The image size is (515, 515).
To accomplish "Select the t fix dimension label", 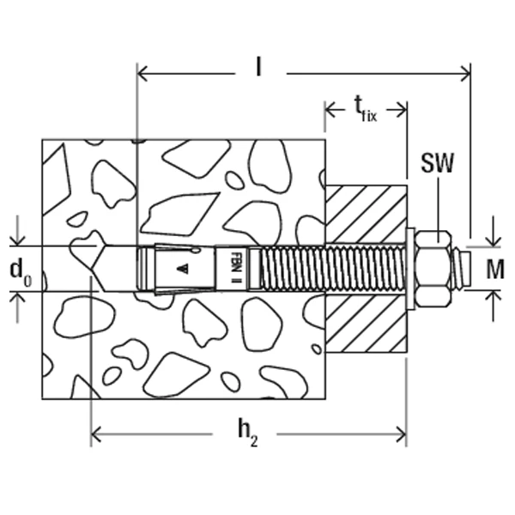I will click(x=367, y=108).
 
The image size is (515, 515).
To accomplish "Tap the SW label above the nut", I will click(x=439, y=162).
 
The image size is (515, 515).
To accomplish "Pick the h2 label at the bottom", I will click(x=250, y=436).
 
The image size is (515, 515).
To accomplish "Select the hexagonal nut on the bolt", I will click(x=435, y=269).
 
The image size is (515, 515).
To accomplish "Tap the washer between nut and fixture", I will click(x=410, y=269).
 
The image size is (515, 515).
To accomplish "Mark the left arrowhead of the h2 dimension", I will click(x=97, y=434).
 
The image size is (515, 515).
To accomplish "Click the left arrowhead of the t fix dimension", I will click(x=330, y=109).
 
